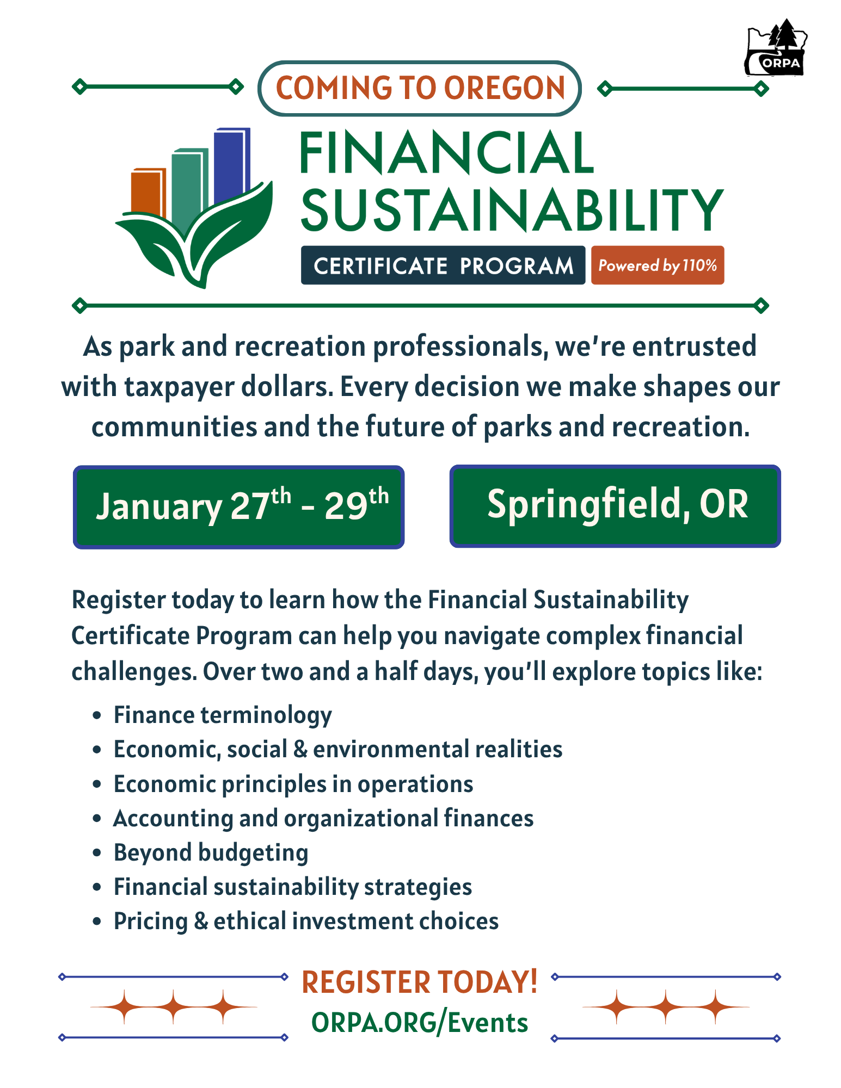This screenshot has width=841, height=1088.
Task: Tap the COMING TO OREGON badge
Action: point(420,88)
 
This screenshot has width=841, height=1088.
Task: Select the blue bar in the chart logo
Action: point(231,163)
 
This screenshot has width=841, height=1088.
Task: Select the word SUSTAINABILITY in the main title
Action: point(512,209)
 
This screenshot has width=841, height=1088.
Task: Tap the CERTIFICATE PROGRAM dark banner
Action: point(443,265)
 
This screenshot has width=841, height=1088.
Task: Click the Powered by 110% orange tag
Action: point(658,265)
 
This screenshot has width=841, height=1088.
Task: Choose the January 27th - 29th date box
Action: point(239,507)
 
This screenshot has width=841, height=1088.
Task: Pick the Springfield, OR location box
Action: point(615,506)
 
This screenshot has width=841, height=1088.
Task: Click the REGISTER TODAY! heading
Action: point(420,982)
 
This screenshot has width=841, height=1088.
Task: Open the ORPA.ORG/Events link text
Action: point(420,1023)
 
